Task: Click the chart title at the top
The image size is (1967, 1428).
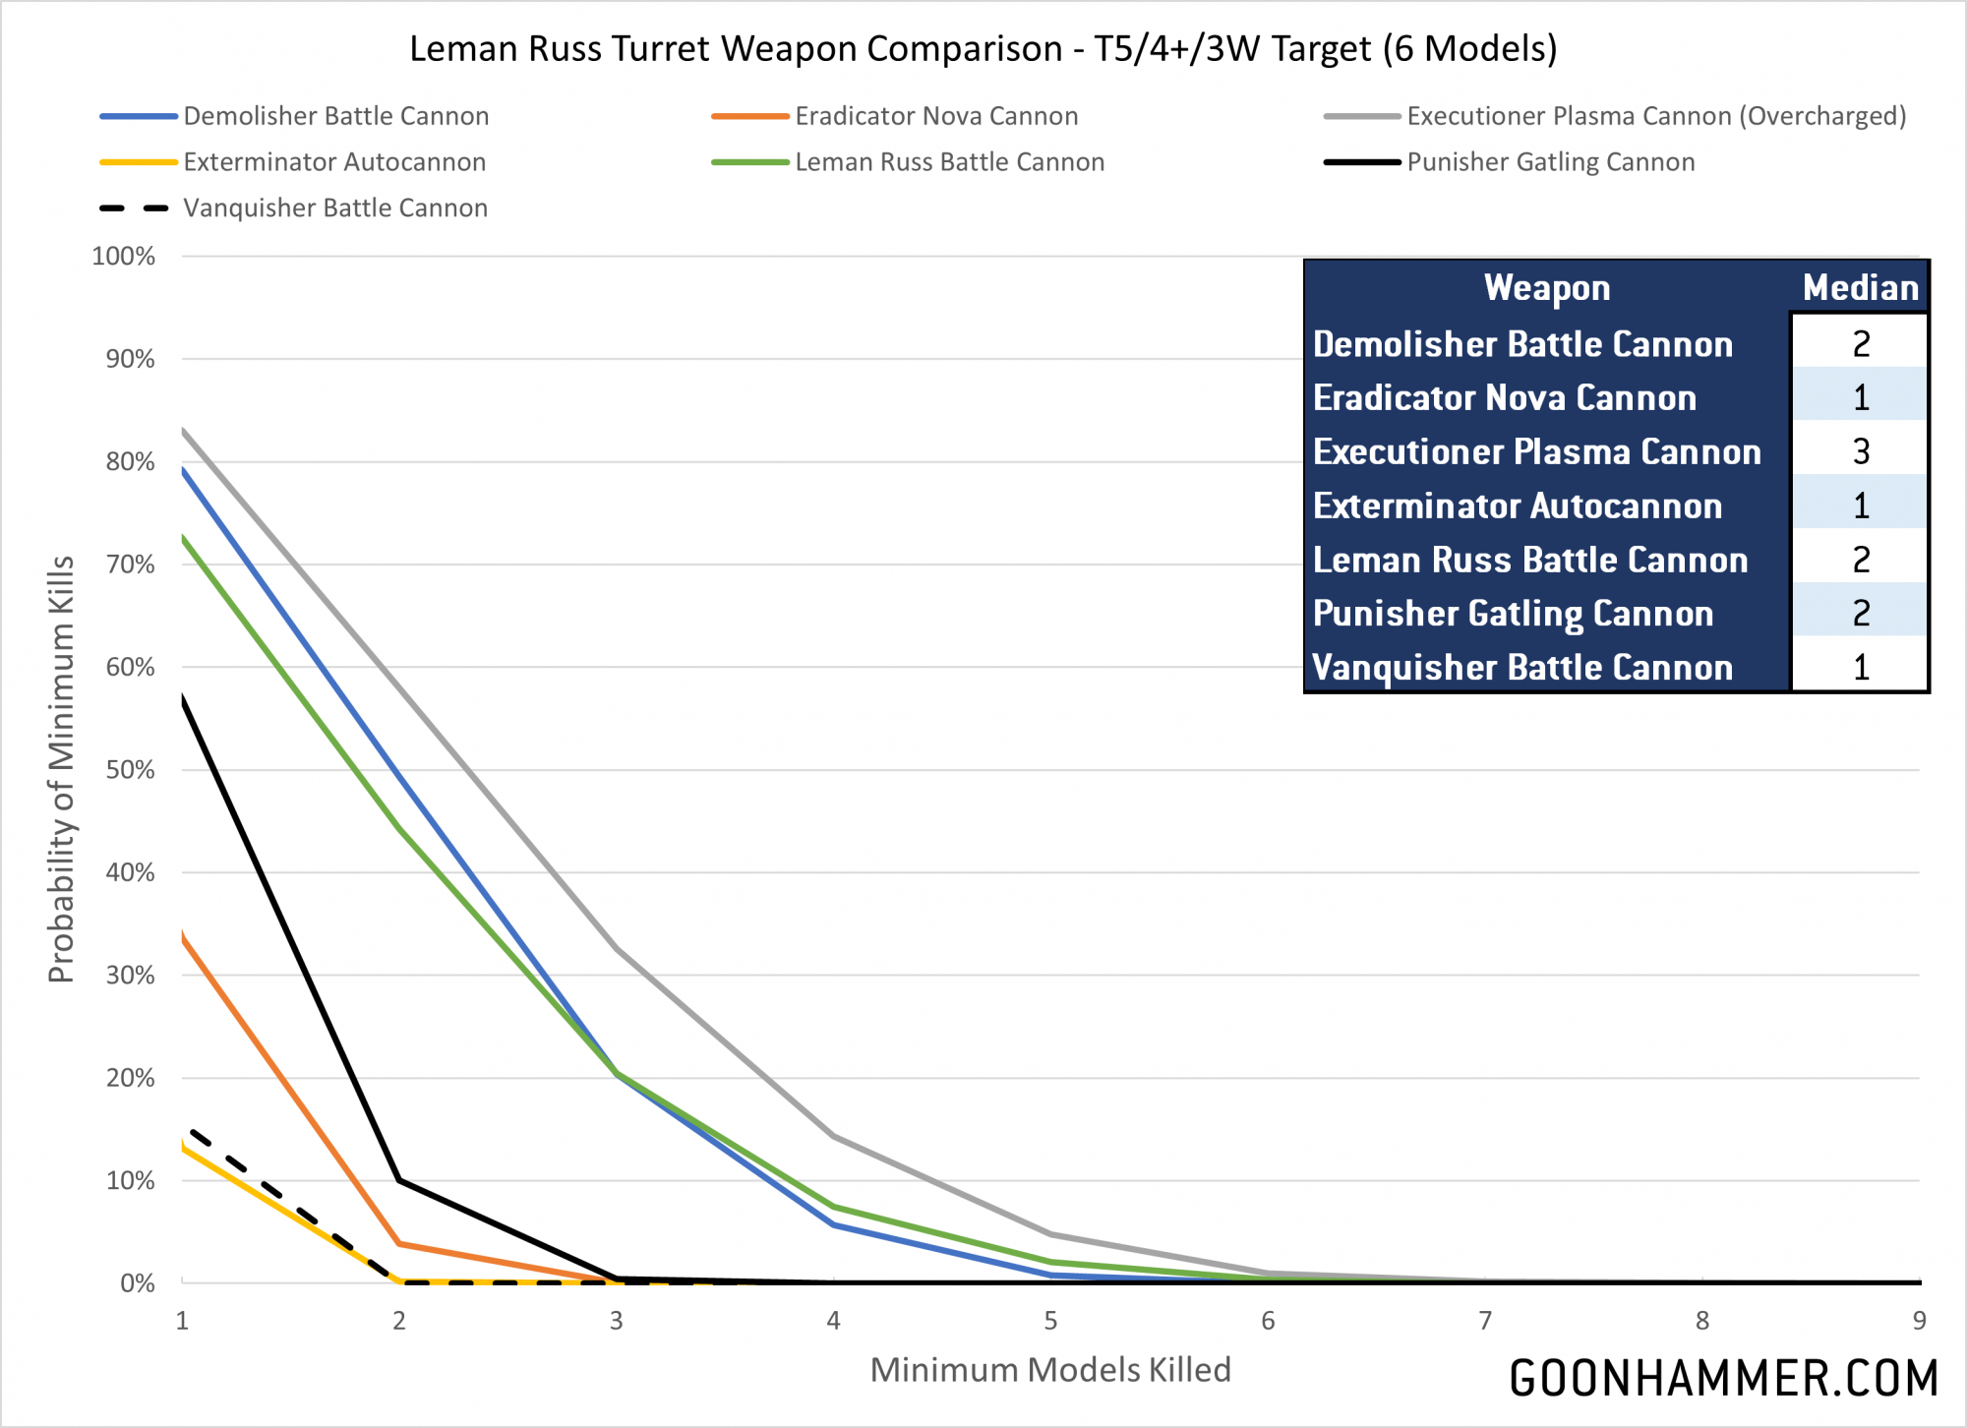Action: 983,48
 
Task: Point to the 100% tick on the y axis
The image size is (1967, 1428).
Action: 124,257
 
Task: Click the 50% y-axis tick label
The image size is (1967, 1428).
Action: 130,770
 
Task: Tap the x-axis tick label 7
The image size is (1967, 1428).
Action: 1485,1321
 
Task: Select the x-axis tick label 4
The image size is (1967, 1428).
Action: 833,1321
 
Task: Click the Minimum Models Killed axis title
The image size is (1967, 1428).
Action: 1050,1370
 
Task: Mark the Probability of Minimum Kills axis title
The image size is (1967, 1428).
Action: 61,769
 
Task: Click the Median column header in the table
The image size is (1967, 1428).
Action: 1860,288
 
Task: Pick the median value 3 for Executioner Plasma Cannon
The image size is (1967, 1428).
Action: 1860,451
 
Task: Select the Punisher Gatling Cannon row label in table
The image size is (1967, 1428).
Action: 1513,614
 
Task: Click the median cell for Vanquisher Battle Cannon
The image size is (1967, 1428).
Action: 1860,668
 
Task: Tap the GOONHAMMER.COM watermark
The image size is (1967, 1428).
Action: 1723,1378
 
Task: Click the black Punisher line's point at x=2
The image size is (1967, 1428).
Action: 399,1180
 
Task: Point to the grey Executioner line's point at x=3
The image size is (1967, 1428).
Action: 617,948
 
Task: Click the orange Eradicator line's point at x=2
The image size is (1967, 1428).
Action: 399,1244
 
